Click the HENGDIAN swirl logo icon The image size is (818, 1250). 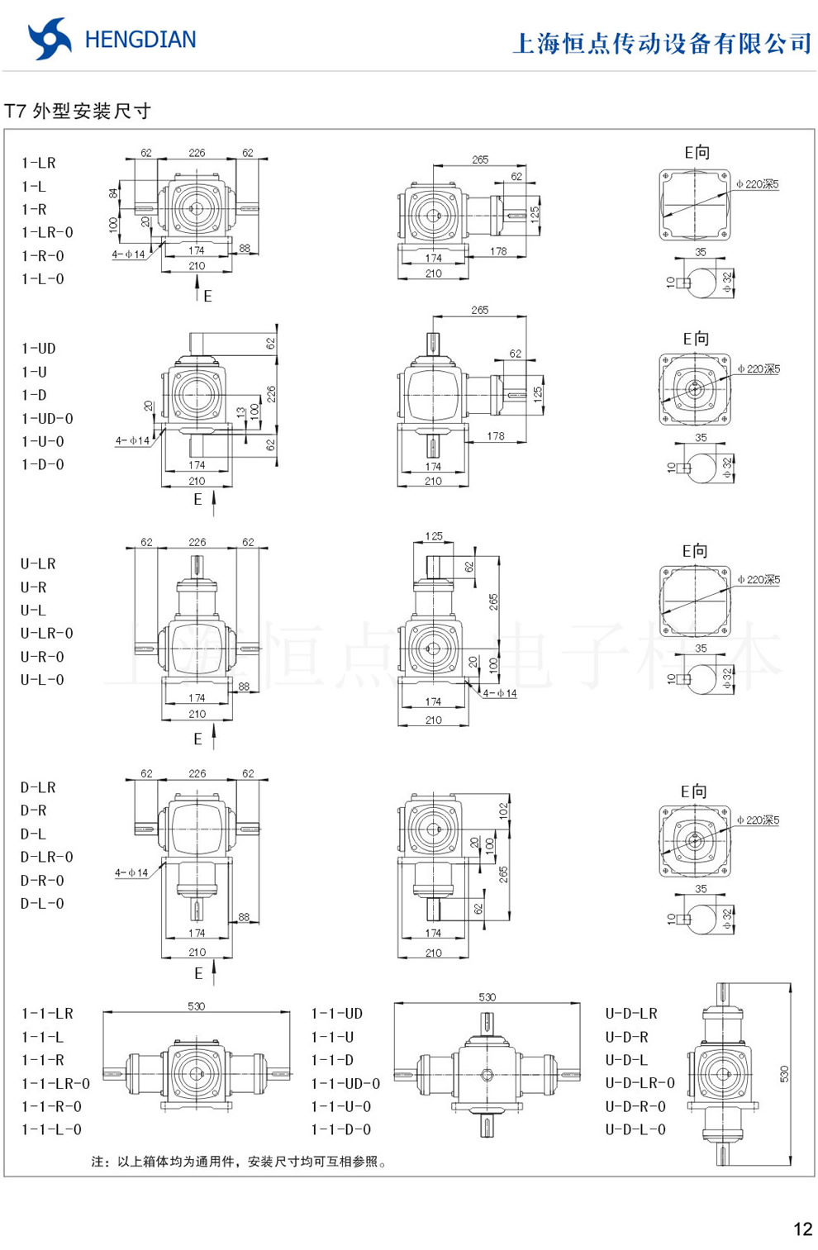tap(49, 39)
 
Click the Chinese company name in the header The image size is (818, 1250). tap(662, 43)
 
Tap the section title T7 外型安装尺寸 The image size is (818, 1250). tap(78, 111)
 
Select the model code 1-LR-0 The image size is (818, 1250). tap(47, 233)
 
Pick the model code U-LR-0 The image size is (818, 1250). tap(47, 634)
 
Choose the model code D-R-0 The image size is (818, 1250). tap(42, 881)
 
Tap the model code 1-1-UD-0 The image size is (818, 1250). tap(345, 1083)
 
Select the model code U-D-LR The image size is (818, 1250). tap(631, 1014)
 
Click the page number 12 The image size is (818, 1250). tap(802, 1229)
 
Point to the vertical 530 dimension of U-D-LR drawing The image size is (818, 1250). tap(784, 1074)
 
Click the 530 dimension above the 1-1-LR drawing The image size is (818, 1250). tap(196, 1006)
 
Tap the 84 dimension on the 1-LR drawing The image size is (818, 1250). tap(113, 193)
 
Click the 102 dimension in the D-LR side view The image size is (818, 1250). tap(503, 811)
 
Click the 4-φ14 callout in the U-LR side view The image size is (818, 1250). tap(500, 693)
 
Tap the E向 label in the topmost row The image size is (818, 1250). tap(697, 153)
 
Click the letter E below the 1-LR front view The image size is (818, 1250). tap(207, 296)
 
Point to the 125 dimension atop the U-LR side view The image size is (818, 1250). tap(434, 536)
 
